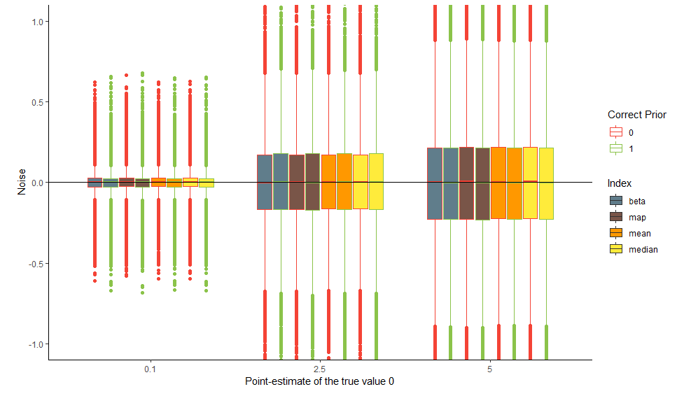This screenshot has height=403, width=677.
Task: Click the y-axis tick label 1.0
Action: (x=37, y=22)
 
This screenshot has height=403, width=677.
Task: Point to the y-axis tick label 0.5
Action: (x=37, y=102)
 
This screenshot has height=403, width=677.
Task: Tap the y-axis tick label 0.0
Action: (x=37, y=183)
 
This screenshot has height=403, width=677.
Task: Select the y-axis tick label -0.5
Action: (x=36, y=264)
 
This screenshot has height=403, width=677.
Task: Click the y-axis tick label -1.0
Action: (x=36, y=344)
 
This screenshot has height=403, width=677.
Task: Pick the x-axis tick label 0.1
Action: (x=151, y=369)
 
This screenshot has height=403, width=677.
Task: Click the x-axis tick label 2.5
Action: (x=320, y=369)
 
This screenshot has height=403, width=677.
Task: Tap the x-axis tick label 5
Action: (x=489, y=369)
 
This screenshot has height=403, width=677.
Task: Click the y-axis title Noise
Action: (x=22, y=183)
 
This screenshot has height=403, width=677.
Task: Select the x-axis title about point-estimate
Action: (x=320, y=382)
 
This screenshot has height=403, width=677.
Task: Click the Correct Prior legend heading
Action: (x=636, y=115)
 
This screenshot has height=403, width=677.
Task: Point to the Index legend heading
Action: (x=620, y=183)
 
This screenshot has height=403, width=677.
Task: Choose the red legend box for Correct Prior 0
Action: (x=616, y=132)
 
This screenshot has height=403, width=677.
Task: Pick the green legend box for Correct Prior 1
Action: (x=616, y=148)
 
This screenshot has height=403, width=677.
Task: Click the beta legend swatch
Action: (x=616, y=201)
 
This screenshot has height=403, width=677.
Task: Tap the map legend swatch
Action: (x=616, y=217)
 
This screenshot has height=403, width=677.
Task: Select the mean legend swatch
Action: (x=616, y=233)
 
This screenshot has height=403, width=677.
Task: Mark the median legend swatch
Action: (x=616, y=249)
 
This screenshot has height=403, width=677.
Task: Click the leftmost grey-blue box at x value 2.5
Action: (x=265, y=182)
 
